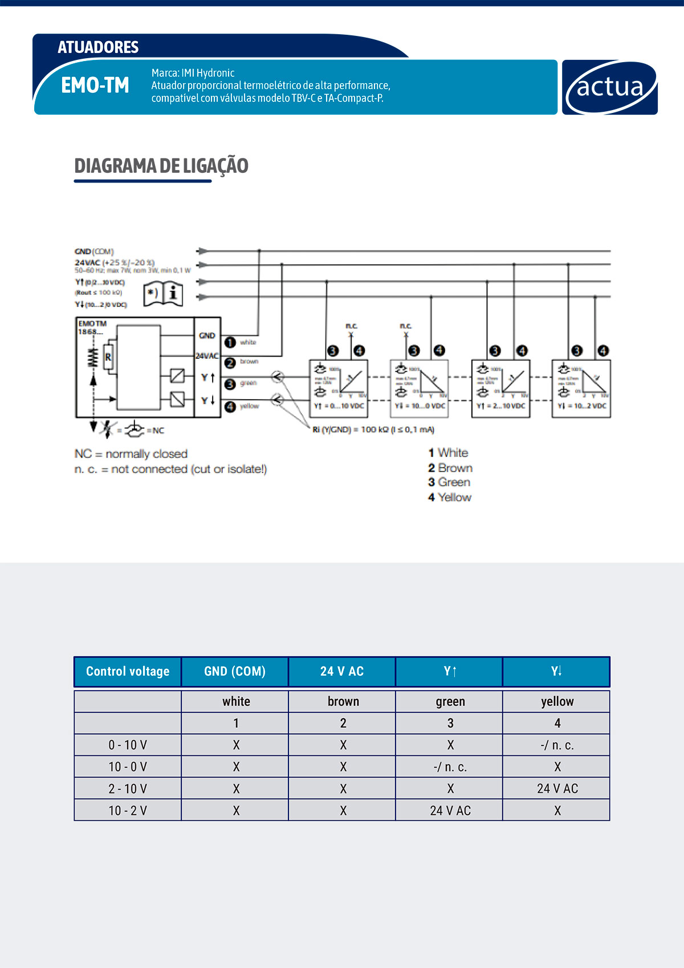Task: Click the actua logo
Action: point(609,87)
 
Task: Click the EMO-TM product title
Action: point(95,86)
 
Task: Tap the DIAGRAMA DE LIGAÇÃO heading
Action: point(161,166)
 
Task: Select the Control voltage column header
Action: point(128,671)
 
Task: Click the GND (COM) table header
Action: point(235,671)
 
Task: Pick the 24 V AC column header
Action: point(342,671)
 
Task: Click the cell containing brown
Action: point(343,702)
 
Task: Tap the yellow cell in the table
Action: point(557,702)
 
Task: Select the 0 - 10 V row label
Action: point(128,745)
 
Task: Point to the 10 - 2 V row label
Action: point(128,811)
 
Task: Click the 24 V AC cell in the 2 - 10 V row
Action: point(557,789)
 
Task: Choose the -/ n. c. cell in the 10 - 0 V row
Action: point(450,767)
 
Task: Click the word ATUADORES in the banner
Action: point(98,47)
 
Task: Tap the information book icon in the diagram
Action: point(163,294)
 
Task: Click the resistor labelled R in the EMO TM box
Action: point(108,358)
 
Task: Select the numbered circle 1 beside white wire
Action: point(230,342)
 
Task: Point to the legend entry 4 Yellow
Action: point(450,497)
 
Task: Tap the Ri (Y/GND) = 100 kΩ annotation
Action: point(373,430)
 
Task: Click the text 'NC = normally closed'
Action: point(131,454)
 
